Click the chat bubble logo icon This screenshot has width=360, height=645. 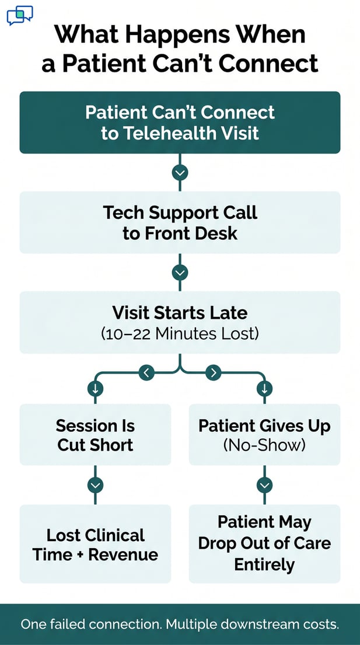tap(20, 15)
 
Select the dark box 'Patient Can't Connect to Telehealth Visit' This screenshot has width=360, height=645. tap(180, 123)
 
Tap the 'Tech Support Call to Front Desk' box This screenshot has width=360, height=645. tap(180, 222)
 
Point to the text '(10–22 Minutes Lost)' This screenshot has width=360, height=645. tap(180, 334)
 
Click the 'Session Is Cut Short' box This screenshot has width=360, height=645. tap(95, 435)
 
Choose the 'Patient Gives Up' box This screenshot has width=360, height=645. tap(264, 435)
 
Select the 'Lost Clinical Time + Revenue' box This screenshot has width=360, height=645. tap(95, 544)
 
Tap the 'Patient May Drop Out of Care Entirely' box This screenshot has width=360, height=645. tap(264, 544)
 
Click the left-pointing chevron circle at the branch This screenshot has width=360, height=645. tap(146, 372)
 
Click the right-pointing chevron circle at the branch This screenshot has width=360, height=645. tap(214, 372)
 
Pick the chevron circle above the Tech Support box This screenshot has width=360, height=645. tap(180, 173)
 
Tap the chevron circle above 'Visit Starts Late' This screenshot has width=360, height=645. tap(180, 273)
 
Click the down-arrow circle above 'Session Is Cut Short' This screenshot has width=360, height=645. tap(95, 388)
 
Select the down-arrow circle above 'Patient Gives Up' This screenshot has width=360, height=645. tap(264, 388)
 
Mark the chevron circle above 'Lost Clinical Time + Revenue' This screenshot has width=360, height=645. tap(95, 485)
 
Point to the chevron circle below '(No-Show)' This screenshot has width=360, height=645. tap(264, 485)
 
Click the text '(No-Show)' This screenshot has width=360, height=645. tap(264, 445)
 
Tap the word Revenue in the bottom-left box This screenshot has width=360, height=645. tap(123, 555)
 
